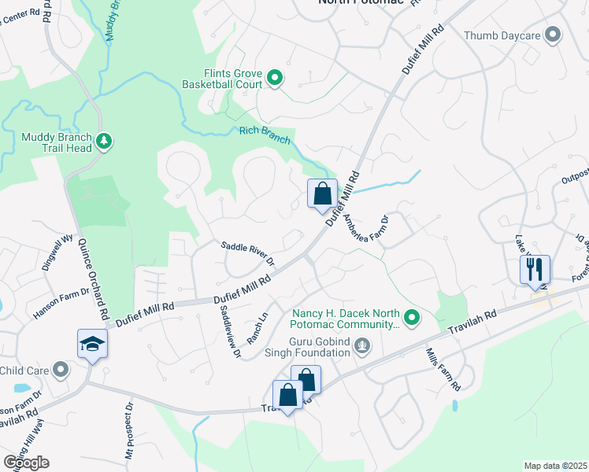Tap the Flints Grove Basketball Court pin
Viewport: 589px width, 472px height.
[x=275, y=77]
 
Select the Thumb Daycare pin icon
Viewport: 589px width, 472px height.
[x=553, y=35]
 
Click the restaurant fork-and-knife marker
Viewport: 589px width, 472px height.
[x=535, y=269]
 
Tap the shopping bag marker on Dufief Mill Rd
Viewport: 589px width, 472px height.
[x=322, y=194]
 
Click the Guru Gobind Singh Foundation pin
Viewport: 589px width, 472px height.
[x=362, y=345]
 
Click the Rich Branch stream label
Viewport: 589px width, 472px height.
[x=265, y=135]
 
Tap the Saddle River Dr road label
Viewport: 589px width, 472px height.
[x=247, y=253]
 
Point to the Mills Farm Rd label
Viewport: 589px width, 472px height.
[x=443, y=370]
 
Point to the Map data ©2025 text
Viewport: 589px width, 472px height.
[x=554, y=466]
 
